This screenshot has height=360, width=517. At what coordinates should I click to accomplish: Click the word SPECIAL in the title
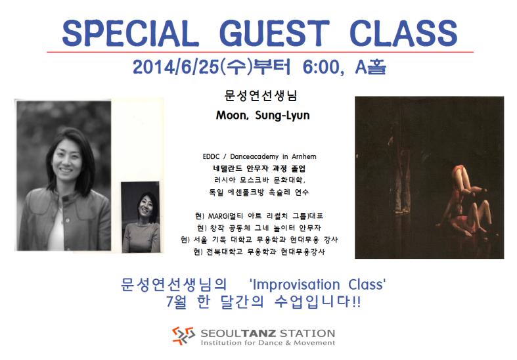130,33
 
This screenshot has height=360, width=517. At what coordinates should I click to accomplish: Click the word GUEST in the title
275,33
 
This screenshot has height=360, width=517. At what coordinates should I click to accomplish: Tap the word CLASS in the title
403,33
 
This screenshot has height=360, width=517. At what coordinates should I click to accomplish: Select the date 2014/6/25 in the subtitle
176,67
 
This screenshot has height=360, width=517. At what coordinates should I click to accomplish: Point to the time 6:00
321,67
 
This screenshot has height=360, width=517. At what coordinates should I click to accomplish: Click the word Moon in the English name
231,116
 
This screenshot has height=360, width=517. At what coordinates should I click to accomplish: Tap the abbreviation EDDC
211,156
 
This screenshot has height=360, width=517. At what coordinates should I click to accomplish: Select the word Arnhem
303,156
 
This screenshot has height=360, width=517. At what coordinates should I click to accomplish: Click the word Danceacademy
254,156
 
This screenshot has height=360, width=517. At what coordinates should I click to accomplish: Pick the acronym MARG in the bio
218,216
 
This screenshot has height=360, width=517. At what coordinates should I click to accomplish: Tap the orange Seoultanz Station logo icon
183,336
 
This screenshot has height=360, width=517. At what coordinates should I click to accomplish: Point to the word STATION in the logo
307,333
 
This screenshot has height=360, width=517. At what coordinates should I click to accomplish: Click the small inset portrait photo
141,217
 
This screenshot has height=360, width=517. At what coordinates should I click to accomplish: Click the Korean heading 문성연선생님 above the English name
261,96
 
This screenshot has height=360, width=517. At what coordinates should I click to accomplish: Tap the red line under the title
260,52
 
